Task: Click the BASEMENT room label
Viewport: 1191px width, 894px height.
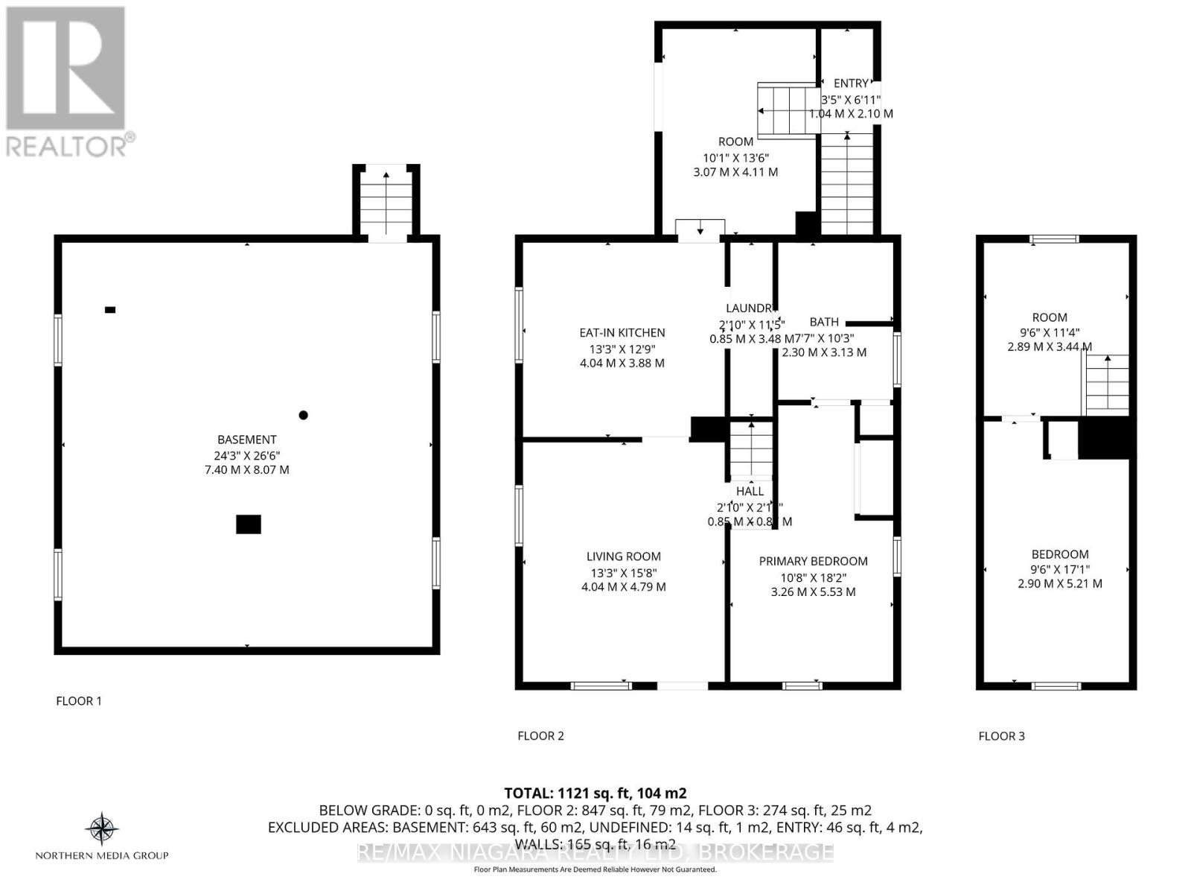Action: (246, 440)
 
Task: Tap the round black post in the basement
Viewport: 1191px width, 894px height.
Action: (303, 415)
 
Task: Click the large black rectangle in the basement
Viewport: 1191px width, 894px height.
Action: (249, 524)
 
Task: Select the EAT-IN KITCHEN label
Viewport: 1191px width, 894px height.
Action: (622, 333)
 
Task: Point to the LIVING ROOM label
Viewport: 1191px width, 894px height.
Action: (623, 557)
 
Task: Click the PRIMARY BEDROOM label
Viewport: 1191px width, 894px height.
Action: (813, 561)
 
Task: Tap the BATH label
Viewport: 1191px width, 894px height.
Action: (824, 322)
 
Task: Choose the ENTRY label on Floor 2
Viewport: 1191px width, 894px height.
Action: (851, 83)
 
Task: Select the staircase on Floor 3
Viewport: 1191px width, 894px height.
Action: (1107, 384)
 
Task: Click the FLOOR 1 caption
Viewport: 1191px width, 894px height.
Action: (79, 701)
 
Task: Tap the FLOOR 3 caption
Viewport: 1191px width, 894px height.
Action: (1001, 736)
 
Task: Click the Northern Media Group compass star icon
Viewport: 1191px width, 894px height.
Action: (102, 828)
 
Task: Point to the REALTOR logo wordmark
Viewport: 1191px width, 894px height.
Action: (71, 145)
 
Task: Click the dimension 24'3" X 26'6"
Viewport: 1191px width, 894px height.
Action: (246, 455)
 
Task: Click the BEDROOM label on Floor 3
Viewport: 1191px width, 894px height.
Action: (1060, 554)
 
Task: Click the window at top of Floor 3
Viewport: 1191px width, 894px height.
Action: (1054, 239)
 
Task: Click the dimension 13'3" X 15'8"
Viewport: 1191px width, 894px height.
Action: (623, 572)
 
